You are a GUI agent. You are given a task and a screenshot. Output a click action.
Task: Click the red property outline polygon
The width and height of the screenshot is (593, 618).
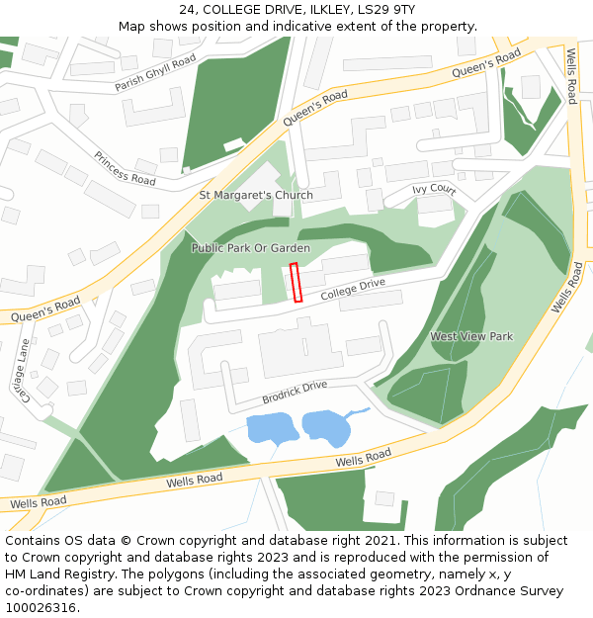tap(295, 283)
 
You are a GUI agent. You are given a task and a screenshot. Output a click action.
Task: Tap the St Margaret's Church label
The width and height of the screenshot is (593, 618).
tap(256, 195)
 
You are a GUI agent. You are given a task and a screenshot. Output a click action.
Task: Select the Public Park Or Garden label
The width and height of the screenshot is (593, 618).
tap(251, 248)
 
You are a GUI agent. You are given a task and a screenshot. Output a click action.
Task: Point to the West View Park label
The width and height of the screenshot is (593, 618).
tap(471, 337)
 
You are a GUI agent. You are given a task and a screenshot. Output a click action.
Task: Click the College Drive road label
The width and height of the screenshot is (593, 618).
tap(352, 289)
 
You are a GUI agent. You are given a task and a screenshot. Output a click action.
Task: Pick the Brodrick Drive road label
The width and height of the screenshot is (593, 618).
tap(294, 393)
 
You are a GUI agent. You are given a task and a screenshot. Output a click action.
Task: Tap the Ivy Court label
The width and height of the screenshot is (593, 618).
tap(434, 189)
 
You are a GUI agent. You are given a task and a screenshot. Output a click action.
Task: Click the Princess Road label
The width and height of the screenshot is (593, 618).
tap(125, 168)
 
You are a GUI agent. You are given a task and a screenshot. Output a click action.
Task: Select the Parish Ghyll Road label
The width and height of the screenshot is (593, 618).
tap(155, 74)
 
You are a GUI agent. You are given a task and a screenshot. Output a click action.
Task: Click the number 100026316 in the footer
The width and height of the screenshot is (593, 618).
tap(42, 608)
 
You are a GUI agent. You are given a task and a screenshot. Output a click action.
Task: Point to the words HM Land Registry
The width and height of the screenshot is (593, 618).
tap(51, 574)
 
